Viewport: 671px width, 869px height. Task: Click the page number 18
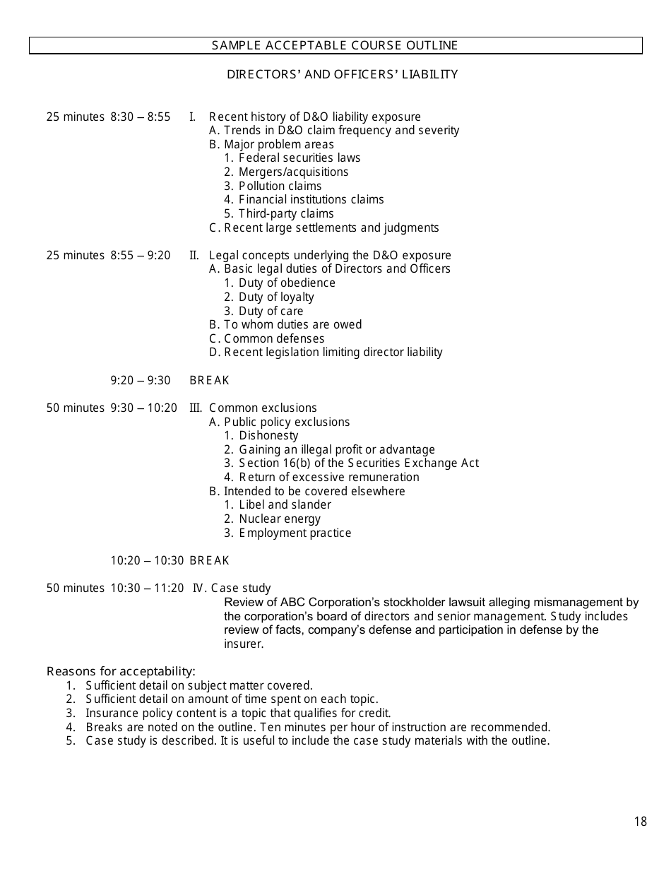pyautogui.click(x=640, y=822)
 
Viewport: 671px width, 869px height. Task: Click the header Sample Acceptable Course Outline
pyautogui.click(x=335, y=46)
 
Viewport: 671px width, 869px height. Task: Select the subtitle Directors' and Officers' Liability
pyautogui.click(x=342, y=74)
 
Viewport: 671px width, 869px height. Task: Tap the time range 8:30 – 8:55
pyautogui.click(x=140, y=117)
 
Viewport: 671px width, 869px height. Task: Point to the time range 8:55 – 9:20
pyautogui.click(x=140, y=256)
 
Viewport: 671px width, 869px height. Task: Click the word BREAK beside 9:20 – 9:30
pyautogui.click(x=209, y=381)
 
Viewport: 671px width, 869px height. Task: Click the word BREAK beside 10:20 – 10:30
pyautogui.click(x=209, y=561)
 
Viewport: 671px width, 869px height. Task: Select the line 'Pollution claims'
pyautogui.click(x=280, y=187)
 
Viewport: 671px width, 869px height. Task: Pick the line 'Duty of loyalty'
pyautogui.click(x=276, y=297)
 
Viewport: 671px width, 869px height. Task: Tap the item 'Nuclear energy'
pyautogui.click(x=280, y=519)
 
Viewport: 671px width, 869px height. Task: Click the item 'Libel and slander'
pyautogui.click(x=285, y=505)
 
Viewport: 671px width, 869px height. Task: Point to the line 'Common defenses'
pyautogui.click(x=274, y=339)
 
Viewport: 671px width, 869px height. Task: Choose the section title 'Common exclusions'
pyautogui.click(x=263, y=408)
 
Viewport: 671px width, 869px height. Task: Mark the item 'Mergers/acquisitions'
pyautogui.click(x=293, y=172)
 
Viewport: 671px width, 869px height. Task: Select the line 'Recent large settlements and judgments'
pyautogui.click(x=331, y=228)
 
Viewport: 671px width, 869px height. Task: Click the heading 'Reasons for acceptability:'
pyautogui.click(x=121, y=671)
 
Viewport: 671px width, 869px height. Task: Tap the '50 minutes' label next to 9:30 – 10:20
pyautogui.click(x=75, y=408)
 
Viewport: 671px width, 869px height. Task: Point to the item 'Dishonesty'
pyautogui.click(x=268, y=436)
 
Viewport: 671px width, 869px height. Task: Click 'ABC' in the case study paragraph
pyautogui.click(x=292, y=603)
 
